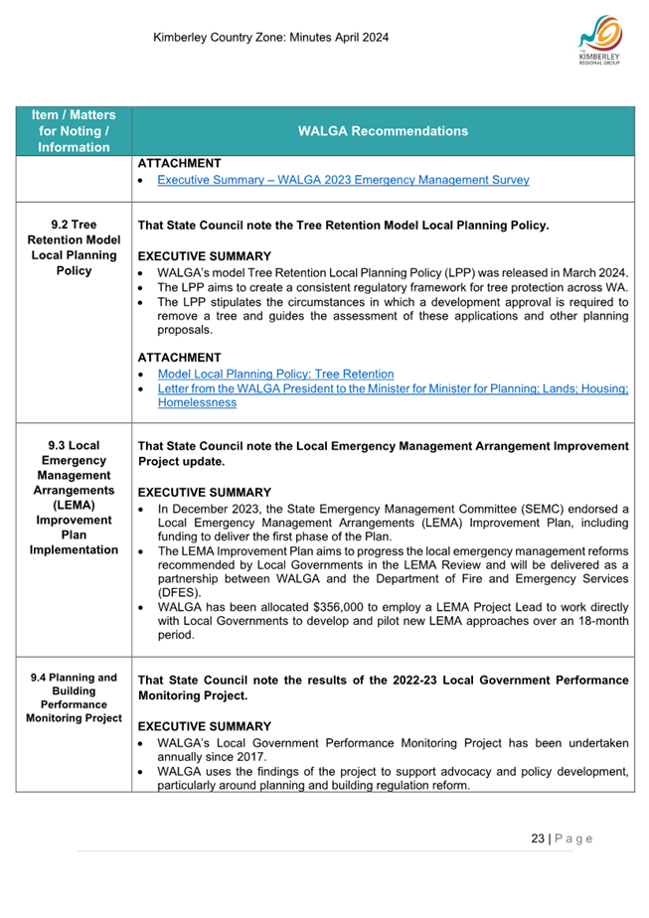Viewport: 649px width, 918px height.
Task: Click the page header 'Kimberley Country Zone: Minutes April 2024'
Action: pyautogui.click(x=271, y=38)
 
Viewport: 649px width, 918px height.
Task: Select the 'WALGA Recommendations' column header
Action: pyautogui.click(x=383, y=130)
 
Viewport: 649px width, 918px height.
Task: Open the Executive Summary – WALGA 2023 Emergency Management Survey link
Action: pyautogui.click(x=343, y=180)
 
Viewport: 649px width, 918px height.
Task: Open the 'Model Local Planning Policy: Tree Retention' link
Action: pyautogui.click(x=275, y=374)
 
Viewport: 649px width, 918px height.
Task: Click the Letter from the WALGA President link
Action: pyautogui.click(x=393, y=388)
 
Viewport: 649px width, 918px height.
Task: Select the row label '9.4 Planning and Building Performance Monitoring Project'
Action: pyautogui.click(x=74, y=697)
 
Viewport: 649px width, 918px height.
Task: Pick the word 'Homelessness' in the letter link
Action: pyautogui.click(x=197, y=402)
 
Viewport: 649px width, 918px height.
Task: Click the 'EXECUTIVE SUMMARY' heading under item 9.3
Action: pyautogui.click(x=204, y=492)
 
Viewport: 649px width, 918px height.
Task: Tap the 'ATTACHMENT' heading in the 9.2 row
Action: pyautogui.click(x=179, y=357)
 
